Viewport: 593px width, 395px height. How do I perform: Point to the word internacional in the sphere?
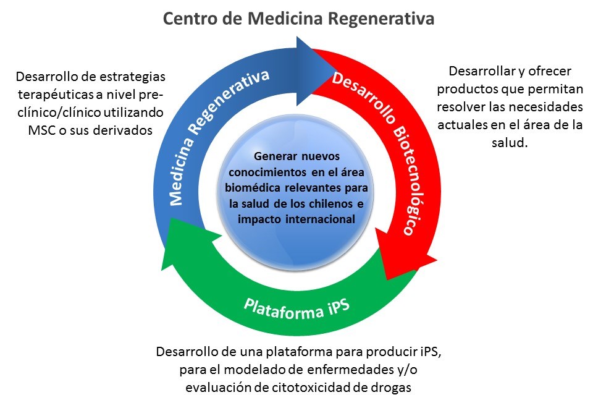click(321, 219)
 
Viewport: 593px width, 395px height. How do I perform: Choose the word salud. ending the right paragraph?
click(510, 142)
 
